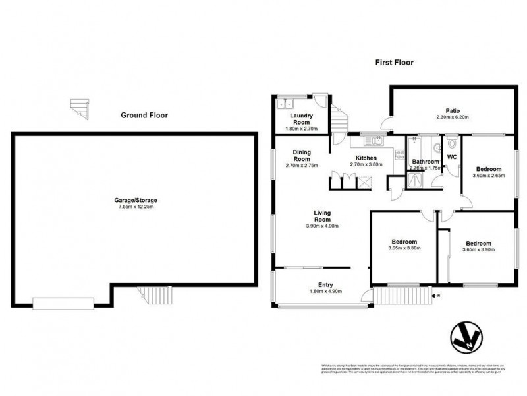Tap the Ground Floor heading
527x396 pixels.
(x=144, y=115)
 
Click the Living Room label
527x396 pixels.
(x=321, y=216)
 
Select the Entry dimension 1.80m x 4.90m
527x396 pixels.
(x=325, y=292)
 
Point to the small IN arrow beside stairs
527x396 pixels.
(x=436, y=296)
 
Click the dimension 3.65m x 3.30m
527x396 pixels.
(x=404, y=248)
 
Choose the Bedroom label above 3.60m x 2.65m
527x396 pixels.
(x=487, y=169)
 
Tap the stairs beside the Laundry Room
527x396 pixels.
(x=337, y=121)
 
